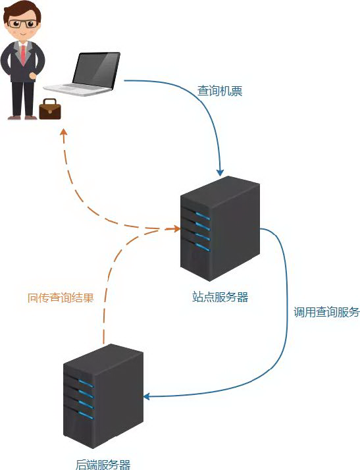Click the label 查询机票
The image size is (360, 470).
tap(220, 91)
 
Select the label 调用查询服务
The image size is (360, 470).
tap(326, 312)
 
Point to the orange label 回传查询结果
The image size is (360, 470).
tap(61, 297)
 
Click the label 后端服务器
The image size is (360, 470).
tap(103, 464)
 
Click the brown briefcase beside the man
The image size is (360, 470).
tap(50, 109)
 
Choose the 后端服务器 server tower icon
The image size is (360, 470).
tap(103, 396)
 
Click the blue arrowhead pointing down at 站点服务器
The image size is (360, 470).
tap(220, 170)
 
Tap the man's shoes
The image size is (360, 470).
tap(22, 117)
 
